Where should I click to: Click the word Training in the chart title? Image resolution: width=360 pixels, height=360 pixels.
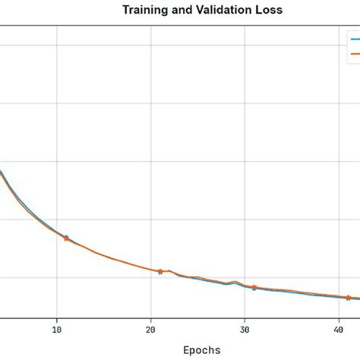(144, 11)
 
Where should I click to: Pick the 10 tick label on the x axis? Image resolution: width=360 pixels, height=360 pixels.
(56, 329)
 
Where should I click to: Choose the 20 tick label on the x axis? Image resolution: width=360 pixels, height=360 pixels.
(150, 329)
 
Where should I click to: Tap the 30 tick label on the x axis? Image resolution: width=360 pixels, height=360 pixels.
(245, 329)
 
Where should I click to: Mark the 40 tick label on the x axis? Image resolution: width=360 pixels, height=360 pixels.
(339, 329)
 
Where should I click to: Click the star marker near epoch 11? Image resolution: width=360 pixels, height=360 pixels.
(66, 238)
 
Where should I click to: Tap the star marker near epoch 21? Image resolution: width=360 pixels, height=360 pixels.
(160, 271)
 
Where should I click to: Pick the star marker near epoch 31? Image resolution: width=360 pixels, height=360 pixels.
(254, 287)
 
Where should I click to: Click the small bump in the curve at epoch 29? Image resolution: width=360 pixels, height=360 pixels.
(235, 282)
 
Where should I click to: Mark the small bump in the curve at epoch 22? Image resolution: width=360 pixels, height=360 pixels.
(169, 270)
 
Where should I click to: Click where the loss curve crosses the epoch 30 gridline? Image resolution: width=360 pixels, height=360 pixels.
(245, 285)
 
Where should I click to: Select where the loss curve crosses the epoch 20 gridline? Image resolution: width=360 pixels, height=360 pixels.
(150, 269)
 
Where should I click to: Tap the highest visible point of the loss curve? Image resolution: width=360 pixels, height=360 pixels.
(2, 172)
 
